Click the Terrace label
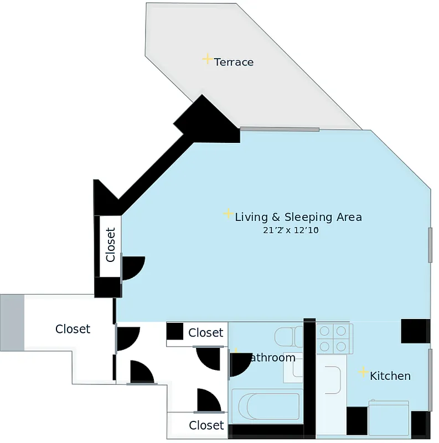tap(234, 62)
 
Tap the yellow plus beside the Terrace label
tap(207, 59)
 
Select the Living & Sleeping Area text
tap(298, 217)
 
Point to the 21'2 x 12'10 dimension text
tap(291, 230)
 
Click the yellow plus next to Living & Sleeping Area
tap(228, 214)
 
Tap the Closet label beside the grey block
tap(73, 329)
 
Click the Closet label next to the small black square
tap(205, 332)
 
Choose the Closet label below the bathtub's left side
tap(206, 425)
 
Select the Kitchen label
tap(390, 376)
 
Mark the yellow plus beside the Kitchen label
tap(363, 372)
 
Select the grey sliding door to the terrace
tap(280, 130)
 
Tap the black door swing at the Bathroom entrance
tap(239, 363)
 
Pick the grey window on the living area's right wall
tap(430, 244)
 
